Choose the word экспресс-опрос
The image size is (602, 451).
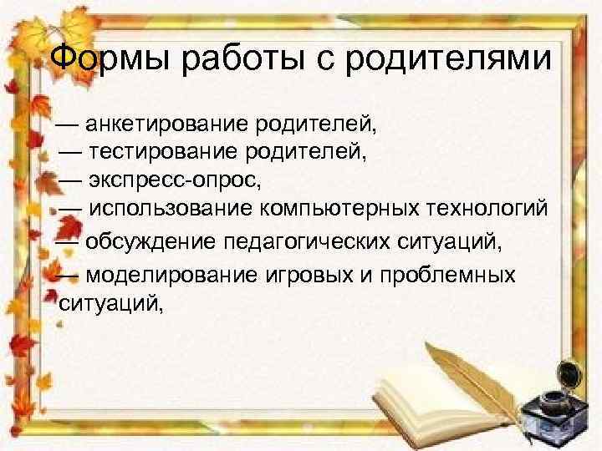179,180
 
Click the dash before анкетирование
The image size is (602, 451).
69,126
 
